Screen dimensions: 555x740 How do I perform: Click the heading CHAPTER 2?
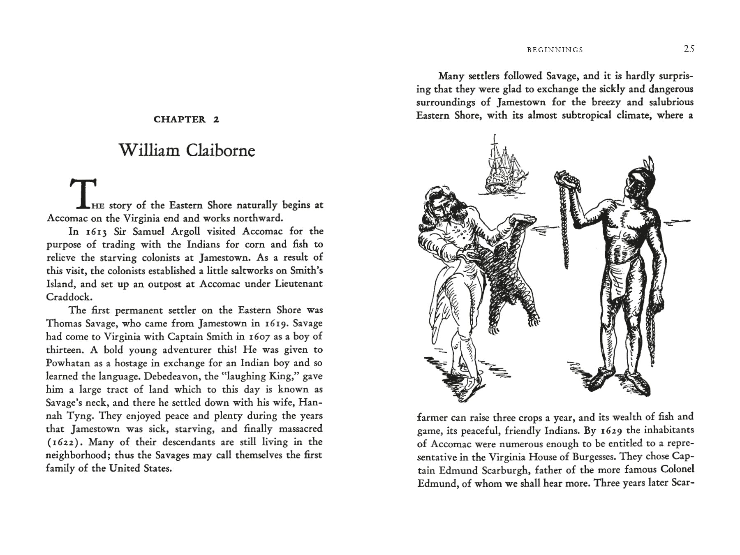[x=186, y=120]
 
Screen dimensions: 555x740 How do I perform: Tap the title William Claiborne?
[x=187, y=150]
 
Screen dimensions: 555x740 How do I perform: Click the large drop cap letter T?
[x=83, y=192]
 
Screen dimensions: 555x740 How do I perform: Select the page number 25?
[x=689, y=49]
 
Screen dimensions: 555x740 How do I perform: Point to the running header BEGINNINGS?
[x=555, y=50]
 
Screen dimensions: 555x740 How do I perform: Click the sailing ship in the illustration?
[x=502, y=166]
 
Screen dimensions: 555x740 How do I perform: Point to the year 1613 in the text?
[x=97, y=231]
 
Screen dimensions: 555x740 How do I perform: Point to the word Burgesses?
[x=590, y=457]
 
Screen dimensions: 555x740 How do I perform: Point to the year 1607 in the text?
[x=259, y=337]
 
